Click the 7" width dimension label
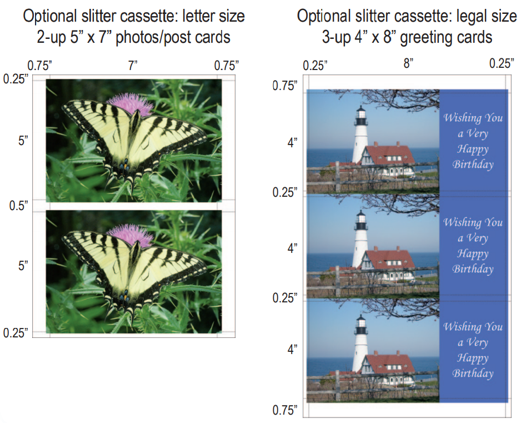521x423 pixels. tap(133, 65)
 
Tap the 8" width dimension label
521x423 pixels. tap(408, 63)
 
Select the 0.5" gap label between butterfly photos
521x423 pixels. tap(19, 206)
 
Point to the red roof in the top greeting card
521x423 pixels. tap(391, 155)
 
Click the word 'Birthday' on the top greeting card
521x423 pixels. tap(473, 165)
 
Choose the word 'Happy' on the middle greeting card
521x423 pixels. tap(473, 253)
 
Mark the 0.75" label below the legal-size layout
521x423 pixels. tap(285, 410)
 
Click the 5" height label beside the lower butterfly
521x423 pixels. tap(23, 265)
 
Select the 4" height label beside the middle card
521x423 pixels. tap(292, 248)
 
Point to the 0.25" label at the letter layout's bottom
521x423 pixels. tap(16, 332)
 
